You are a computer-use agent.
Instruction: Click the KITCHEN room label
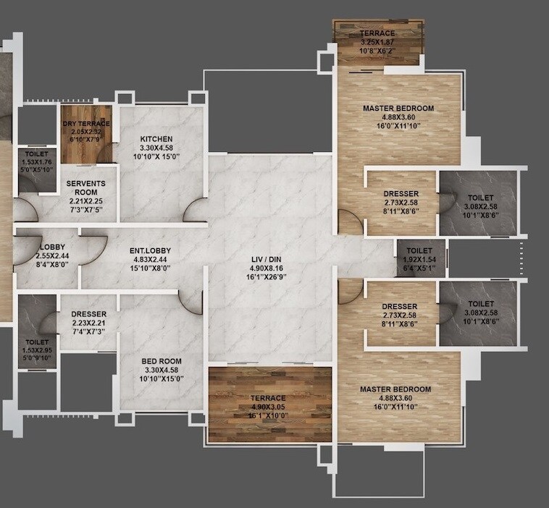(x=156, y=138)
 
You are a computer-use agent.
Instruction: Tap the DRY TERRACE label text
(x=85, y=124)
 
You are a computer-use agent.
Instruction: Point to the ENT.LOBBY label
(x=150, y=251)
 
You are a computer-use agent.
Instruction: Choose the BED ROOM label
(x=162, y=361)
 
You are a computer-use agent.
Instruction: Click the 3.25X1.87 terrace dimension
(x=378, y=43)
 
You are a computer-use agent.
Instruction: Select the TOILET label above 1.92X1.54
(x=419, y=250)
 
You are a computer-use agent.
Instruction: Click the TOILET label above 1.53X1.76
(x=36, y=154)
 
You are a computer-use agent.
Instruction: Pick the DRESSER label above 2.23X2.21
(x=89, y=314)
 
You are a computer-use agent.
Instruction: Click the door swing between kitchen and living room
(x=194, y=211)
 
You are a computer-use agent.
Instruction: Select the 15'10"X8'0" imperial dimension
(x=150, y=268)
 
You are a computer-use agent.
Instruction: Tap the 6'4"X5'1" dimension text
(x=419, y=267)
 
